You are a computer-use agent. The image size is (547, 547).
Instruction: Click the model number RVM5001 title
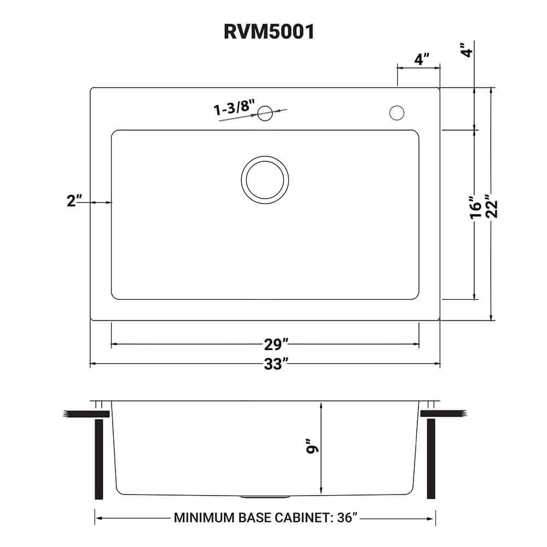pyautogui.click(x=269, y=32)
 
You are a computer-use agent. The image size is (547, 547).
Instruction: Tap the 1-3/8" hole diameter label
pyautogui.click(x=234, y=107)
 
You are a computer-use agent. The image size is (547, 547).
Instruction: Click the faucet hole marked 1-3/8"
pyautogui.click(x=265, y=113)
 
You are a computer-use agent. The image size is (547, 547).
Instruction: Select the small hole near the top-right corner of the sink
pyautogui.click(x=397, y=113)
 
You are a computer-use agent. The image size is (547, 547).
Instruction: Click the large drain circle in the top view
pyautogui.click(x=265, y=179)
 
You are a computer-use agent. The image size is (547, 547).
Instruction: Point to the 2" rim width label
pyautogui.click(x=74, y=201)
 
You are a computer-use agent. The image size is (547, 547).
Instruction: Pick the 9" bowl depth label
pyautogui.click(x=313, y=449)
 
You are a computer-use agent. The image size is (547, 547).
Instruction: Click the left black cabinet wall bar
pyautogui.click(x=99, y=459)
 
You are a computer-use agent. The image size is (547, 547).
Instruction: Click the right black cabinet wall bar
pyautogui.click(x=431, y=459)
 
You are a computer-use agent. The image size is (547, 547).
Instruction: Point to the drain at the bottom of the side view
pyautogui.click(x=265, y=497)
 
